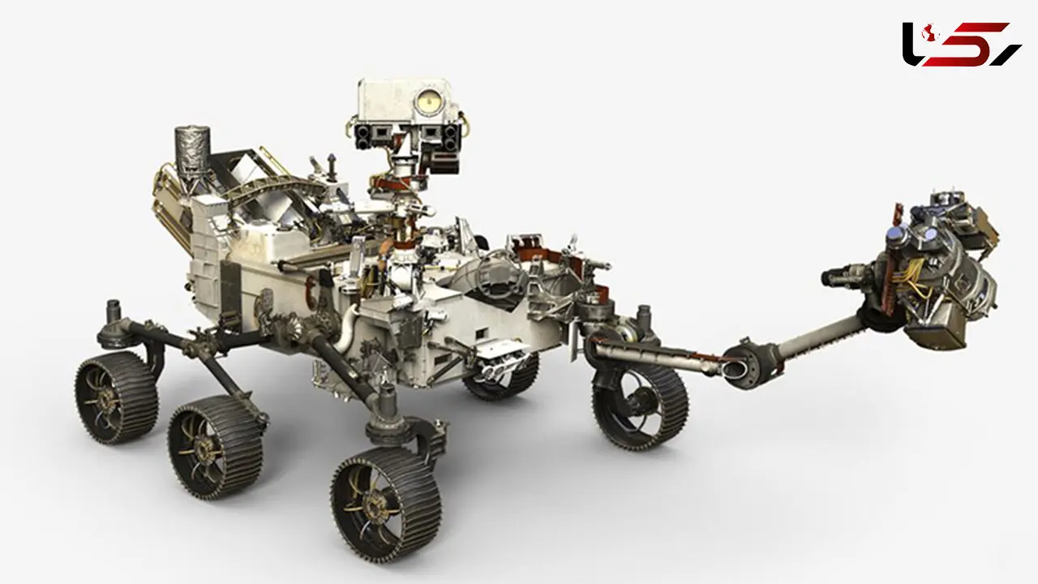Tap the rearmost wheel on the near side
[116, 397]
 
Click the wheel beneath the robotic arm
[640, 407]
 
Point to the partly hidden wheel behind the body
[500, 380]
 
